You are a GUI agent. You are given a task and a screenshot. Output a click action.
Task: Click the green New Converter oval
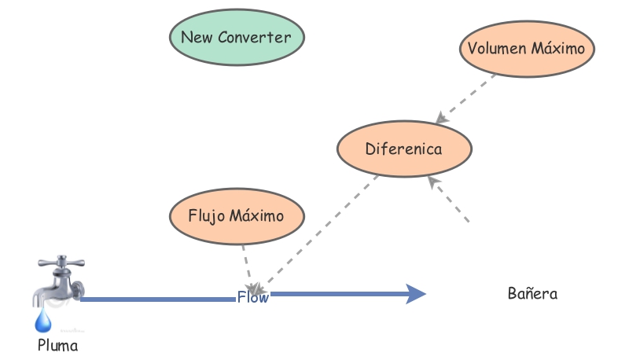coord(237,37)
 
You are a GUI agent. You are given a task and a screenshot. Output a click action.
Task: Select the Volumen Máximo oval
coord(526,49)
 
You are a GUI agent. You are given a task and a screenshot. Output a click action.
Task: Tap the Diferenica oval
coord(404,149)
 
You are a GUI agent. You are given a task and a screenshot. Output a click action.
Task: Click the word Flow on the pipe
coord(252,297)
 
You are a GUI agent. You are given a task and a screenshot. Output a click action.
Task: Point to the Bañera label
coord(532,295)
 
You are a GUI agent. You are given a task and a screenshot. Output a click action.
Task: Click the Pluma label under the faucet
coord(58,344)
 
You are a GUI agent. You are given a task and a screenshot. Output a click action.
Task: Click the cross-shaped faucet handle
coord(60,263)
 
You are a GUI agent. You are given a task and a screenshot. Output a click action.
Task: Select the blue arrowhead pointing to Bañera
coord(415,295)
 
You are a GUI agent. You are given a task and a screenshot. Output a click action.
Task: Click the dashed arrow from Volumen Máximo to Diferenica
coord(467,97)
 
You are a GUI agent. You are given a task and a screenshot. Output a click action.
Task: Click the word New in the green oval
coord(196,37)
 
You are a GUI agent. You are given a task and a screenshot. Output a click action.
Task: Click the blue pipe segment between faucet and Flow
coord(157,299)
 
